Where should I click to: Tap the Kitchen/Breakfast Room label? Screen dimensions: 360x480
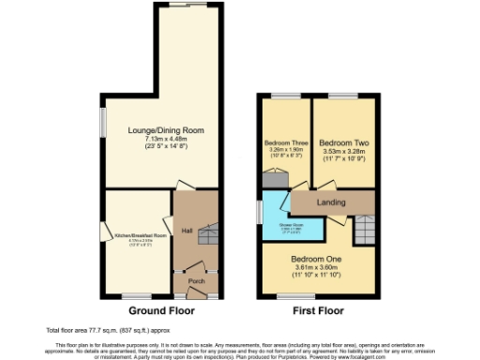tap(141, 235)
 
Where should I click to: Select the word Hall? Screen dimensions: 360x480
tap(187, 231)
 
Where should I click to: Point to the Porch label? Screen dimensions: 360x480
tap(197, 281)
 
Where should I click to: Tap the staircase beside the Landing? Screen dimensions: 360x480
tap(365, 225)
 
